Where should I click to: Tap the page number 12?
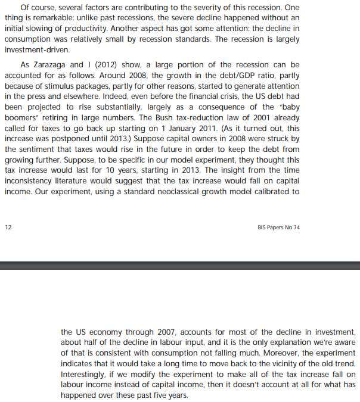pos(8,227)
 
